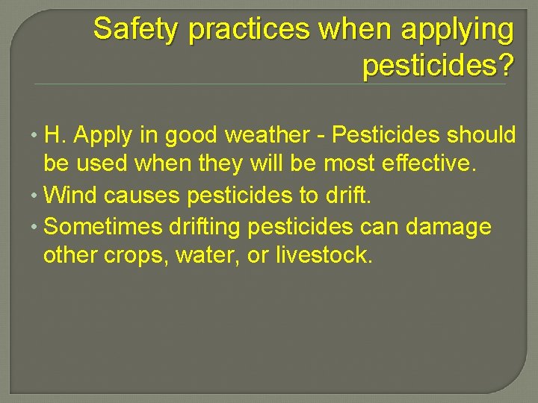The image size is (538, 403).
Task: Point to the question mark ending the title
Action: (x=506, y=66)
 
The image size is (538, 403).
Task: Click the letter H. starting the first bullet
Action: (x=55, y=135)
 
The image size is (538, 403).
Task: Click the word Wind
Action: (x=71, y=196)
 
